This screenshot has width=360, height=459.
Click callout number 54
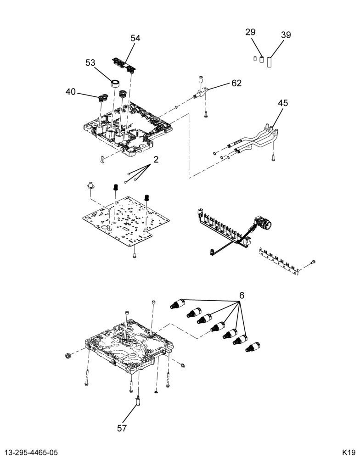click(x=135, y=39)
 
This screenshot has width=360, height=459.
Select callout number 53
click(x=90, y=62)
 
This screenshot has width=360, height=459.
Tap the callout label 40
click(x=71, y=92)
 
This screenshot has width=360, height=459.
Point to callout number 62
click(x=236, y=83)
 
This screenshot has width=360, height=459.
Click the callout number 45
click(x=283, y=103)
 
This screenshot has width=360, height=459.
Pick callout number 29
click(x=250, y=32)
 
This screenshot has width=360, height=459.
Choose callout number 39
click(x=286, y=35)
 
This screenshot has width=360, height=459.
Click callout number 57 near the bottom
click(x=122, y=428)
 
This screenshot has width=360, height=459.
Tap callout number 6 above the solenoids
click(x=242, y=296)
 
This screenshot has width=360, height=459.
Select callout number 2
click(x=156, y=160)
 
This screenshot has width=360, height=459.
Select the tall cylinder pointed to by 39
click(x=270, y=62)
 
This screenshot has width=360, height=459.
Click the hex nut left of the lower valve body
click(x=67, y=356)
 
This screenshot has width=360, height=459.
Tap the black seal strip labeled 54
click(x=124, y=65)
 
